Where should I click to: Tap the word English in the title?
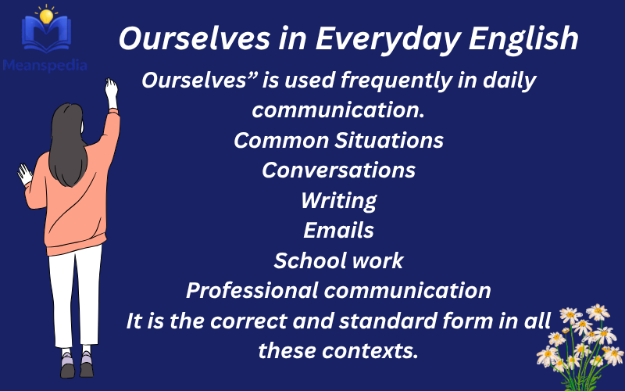529,39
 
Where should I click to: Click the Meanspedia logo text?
45,66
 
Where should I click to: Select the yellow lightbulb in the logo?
46,14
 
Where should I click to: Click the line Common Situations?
339,141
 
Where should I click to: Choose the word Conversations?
338,170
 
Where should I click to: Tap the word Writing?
338,200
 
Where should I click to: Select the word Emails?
338,231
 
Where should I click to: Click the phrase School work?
338,260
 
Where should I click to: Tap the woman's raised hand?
112,89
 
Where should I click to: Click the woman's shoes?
77,365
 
